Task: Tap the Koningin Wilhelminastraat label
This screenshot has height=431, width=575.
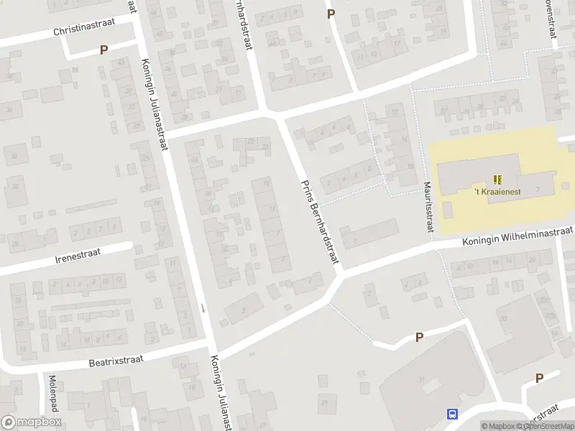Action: pos(517,236)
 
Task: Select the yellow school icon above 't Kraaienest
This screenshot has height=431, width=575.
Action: pos(497,179)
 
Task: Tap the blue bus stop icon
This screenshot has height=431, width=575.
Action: pos(452,414)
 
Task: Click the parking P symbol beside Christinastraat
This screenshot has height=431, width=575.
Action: pos(103,50)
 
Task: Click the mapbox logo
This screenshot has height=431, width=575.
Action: pos(32,422)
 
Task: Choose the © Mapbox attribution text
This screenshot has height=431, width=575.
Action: pos(500,426)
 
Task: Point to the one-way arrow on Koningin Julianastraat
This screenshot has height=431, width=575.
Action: pos(203,308)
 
